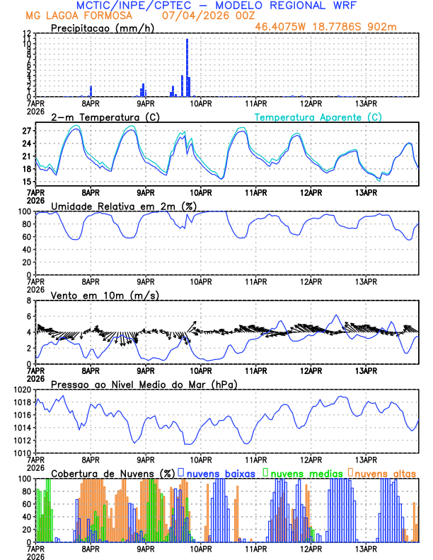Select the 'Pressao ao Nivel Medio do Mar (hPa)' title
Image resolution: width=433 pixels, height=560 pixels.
click(x=144, y=384)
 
